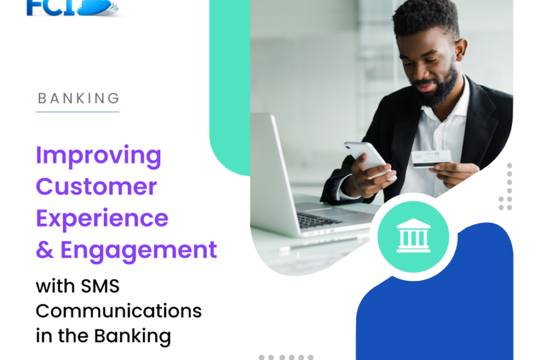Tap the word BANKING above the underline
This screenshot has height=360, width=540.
pyautogui.click(x=78, y=99)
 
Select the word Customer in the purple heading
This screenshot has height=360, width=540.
pyautogui.click(x=96, y=187)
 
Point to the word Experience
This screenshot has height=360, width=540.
pyautogui.click(x=102, y=218)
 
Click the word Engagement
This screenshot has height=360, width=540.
pyautogui.click(x=139, y=250)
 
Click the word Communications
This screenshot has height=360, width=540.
pyautogui.click(x=118, y=311)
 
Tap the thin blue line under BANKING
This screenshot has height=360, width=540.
pyautogui.click(x=77, y=111)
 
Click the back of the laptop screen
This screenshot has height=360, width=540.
pyautogui.click(x=271, y=168)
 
